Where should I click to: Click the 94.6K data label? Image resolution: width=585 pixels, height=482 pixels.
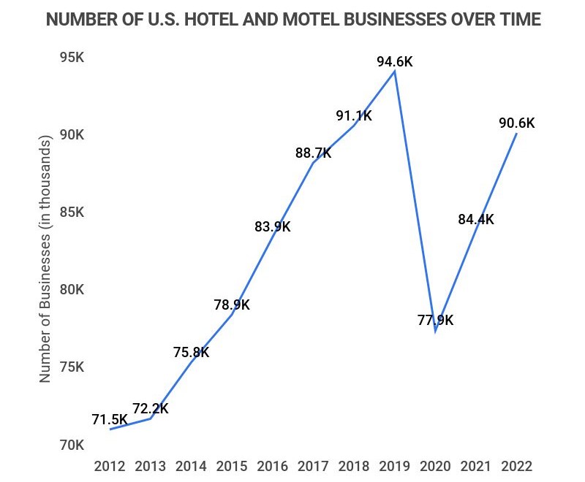tap(395, 62)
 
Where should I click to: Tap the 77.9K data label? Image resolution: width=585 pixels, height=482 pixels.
tap(435, 320)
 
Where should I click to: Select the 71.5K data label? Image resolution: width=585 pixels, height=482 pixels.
tap(110, 420)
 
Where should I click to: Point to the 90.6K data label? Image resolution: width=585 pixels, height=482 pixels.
tap(516, 123)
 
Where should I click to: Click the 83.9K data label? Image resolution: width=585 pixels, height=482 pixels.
tap(273, 227)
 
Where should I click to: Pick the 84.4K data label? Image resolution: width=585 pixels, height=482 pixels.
tap(476, 219)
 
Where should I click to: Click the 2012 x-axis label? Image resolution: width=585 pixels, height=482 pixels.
tap(110, 466)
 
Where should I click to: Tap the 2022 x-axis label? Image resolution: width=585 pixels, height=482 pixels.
tap(516, 466)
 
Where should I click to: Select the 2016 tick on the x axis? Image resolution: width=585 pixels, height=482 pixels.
tap(273, 466)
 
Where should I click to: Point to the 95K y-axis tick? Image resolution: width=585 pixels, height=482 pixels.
tap(72, 58)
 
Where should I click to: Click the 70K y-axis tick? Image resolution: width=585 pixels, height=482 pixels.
tap(72, 445)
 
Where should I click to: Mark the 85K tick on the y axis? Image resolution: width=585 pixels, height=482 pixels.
tap(72, 213)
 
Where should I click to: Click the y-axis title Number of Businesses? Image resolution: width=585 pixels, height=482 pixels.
tap(45, 259)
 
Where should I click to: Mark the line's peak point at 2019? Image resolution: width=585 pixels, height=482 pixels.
tap(395, 71)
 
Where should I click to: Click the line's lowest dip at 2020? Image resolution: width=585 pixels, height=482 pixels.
tap(436, 331)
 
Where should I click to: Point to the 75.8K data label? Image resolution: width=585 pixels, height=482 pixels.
tap(192, 353)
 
